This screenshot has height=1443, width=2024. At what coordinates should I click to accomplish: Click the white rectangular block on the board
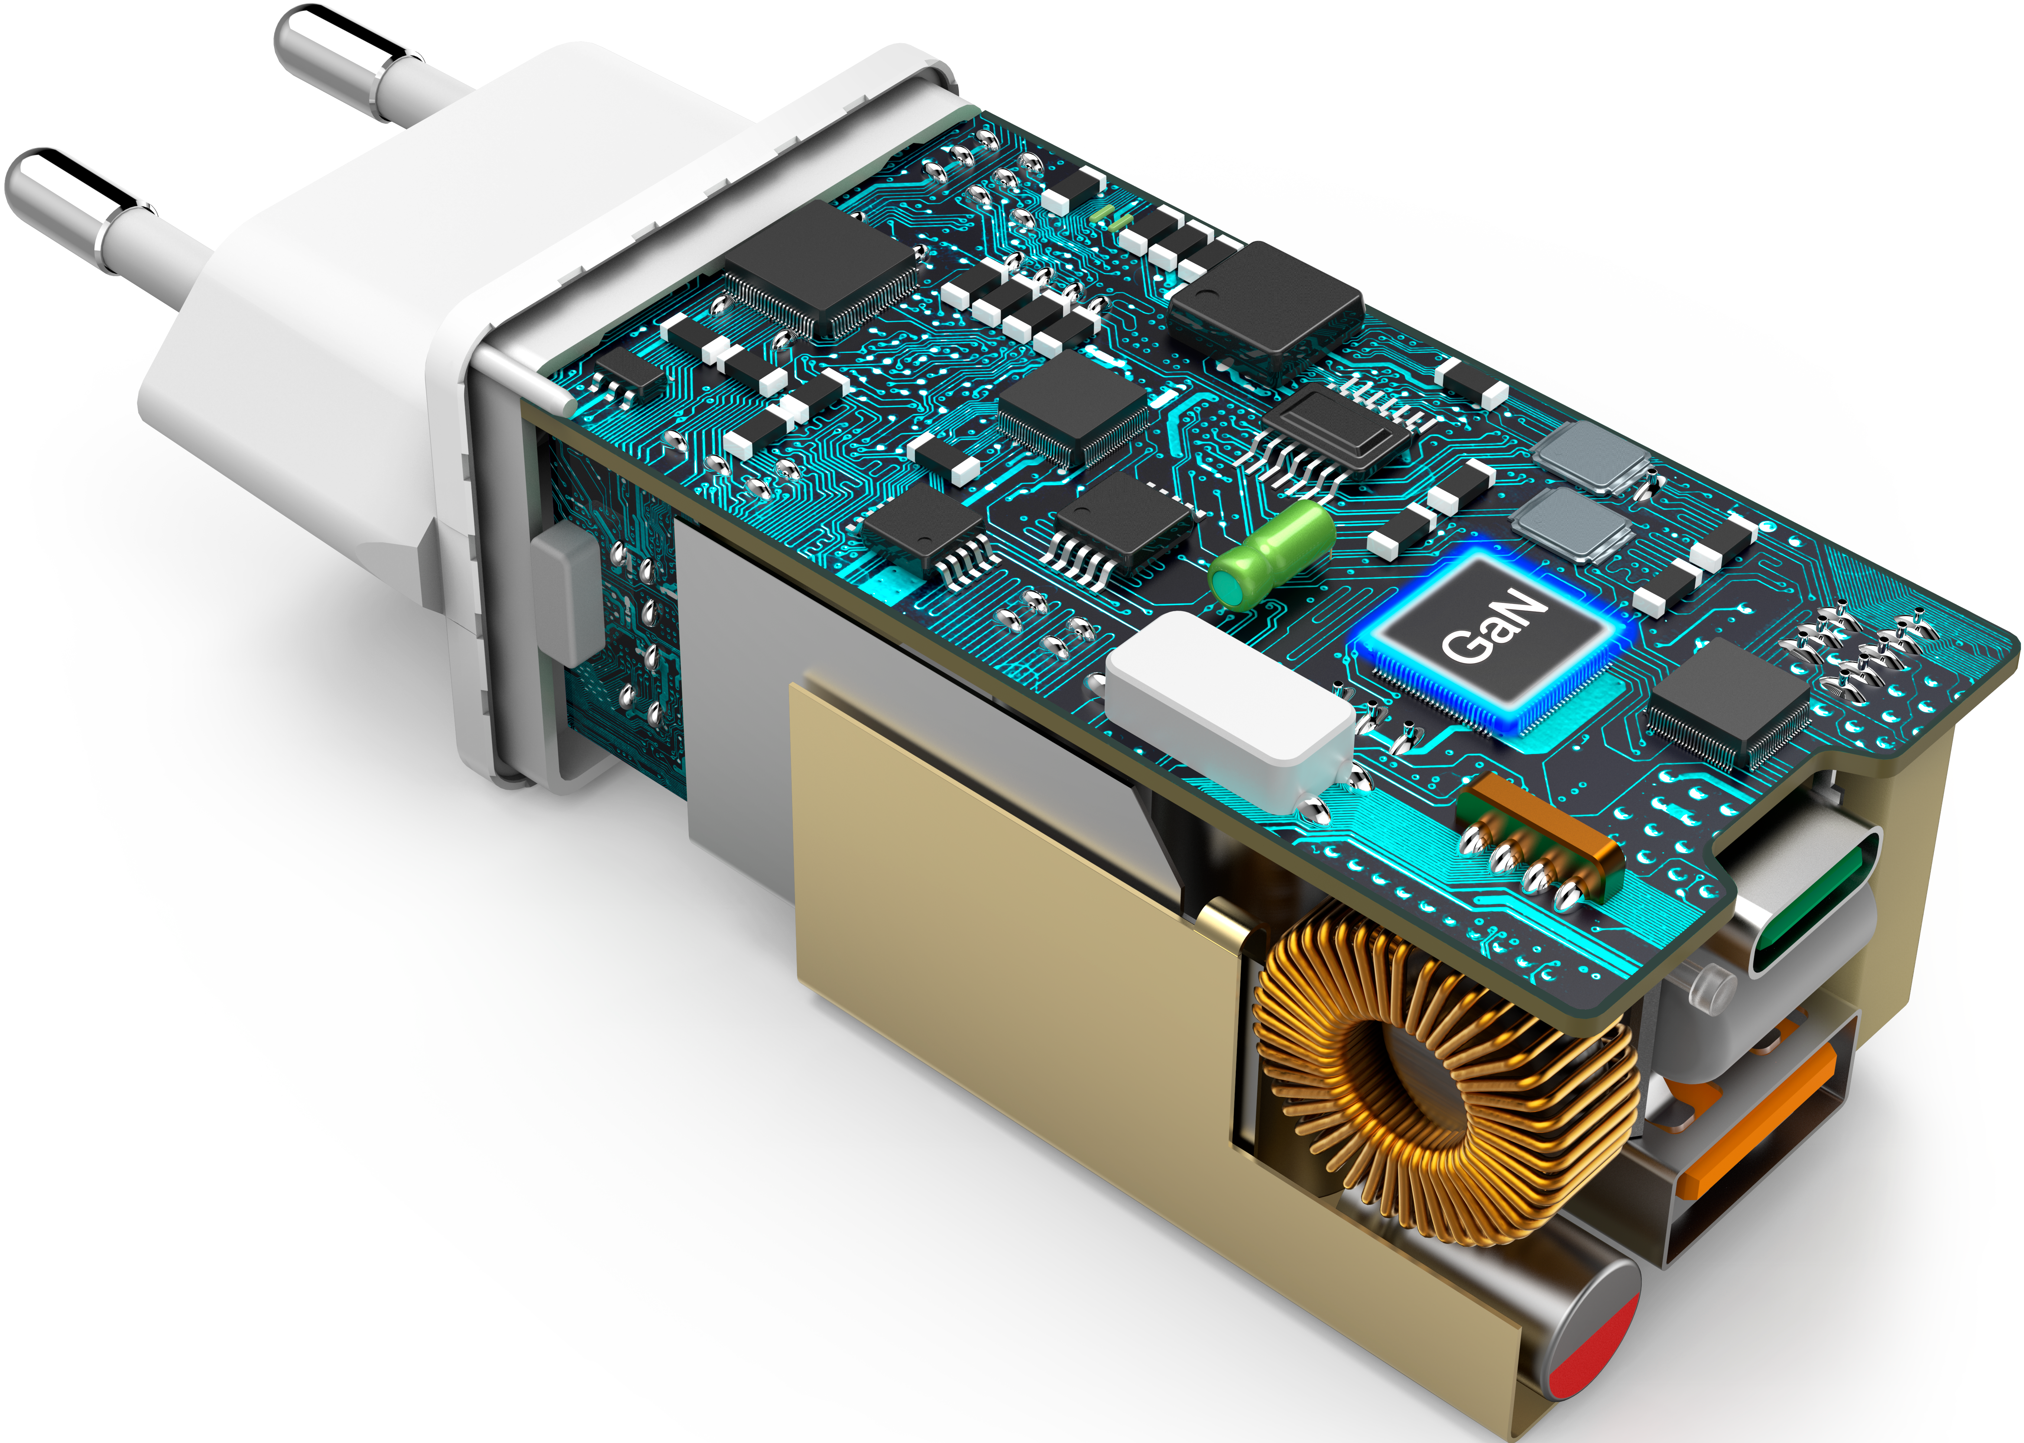coord(1230,711)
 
